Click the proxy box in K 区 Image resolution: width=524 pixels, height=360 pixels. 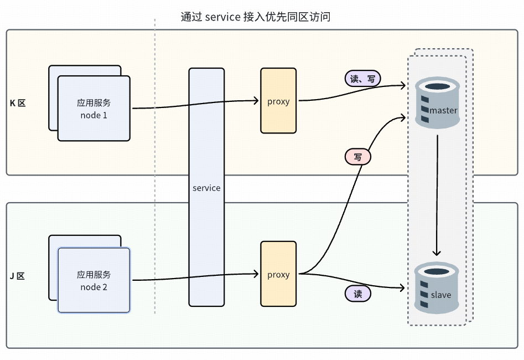point(278,101)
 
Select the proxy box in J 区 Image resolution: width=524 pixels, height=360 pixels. point(278,274)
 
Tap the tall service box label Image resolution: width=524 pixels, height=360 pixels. point(206,188)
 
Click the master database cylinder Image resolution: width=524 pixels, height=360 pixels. point(437,103)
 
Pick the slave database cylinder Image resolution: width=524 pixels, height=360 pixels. point(437,288)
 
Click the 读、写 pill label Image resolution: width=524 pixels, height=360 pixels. point(362,79)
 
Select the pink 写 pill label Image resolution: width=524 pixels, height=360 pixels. point(358,157)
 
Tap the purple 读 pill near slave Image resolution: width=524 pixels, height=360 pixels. point(358,294)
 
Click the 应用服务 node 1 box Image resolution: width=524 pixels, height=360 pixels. point(94,109)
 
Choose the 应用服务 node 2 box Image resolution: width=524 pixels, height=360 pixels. point(94,280)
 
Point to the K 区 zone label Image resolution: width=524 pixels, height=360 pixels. point(18,104)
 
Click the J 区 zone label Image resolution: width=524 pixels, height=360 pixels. point(18,275)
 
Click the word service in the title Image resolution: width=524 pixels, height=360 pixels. point(221,17)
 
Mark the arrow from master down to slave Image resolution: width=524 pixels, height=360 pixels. point(438,194)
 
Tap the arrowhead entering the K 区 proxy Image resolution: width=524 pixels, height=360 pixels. point(257,101)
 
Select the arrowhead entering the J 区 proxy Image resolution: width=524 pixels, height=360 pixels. point(257,274)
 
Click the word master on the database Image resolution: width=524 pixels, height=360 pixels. point(444,110)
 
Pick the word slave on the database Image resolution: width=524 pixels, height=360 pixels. point(441,295)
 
